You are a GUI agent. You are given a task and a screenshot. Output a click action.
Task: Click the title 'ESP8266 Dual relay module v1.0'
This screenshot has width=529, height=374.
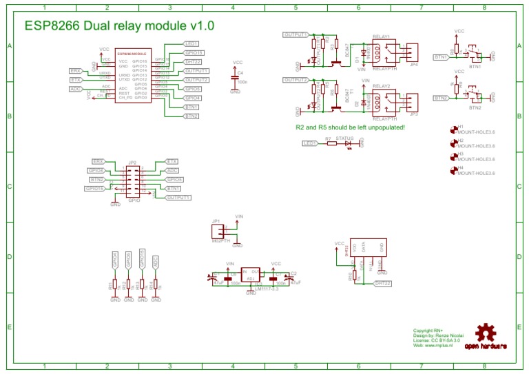(119, 25)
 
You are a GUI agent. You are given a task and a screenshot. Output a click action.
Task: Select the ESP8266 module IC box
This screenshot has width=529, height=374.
(132, 76)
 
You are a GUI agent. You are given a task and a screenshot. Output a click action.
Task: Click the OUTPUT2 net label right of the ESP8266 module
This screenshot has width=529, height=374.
(196, 80)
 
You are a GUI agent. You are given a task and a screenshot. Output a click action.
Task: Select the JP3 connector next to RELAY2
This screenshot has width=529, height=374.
(413, 103)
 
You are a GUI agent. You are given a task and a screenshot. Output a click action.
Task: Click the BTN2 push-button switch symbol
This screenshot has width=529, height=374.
(474, 92)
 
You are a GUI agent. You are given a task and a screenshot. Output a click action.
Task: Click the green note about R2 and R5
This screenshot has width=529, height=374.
(350, 127)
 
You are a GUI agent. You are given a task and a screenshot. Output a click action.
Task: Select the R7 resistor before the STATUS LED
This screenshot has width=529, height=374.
(329, 143)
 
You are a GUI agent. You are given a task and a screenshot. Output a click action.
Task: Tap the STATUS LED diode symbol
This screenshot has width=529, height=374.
(348, 143)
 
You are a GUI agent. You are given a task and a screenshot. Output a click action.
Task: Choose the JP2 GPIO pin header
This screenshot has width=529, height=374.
(132, 181)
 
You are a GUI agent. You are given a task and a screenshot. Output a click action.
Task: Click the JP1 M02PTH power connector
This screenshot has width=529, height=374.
(219, 231)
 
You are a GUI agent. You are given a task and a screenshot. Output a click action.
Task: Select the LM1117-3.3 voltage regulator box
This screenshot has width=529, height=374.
(251, 278)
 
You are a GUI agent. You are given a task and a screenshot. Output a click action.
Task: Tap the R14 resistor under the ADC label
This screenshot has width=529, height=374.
(156, 284)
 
